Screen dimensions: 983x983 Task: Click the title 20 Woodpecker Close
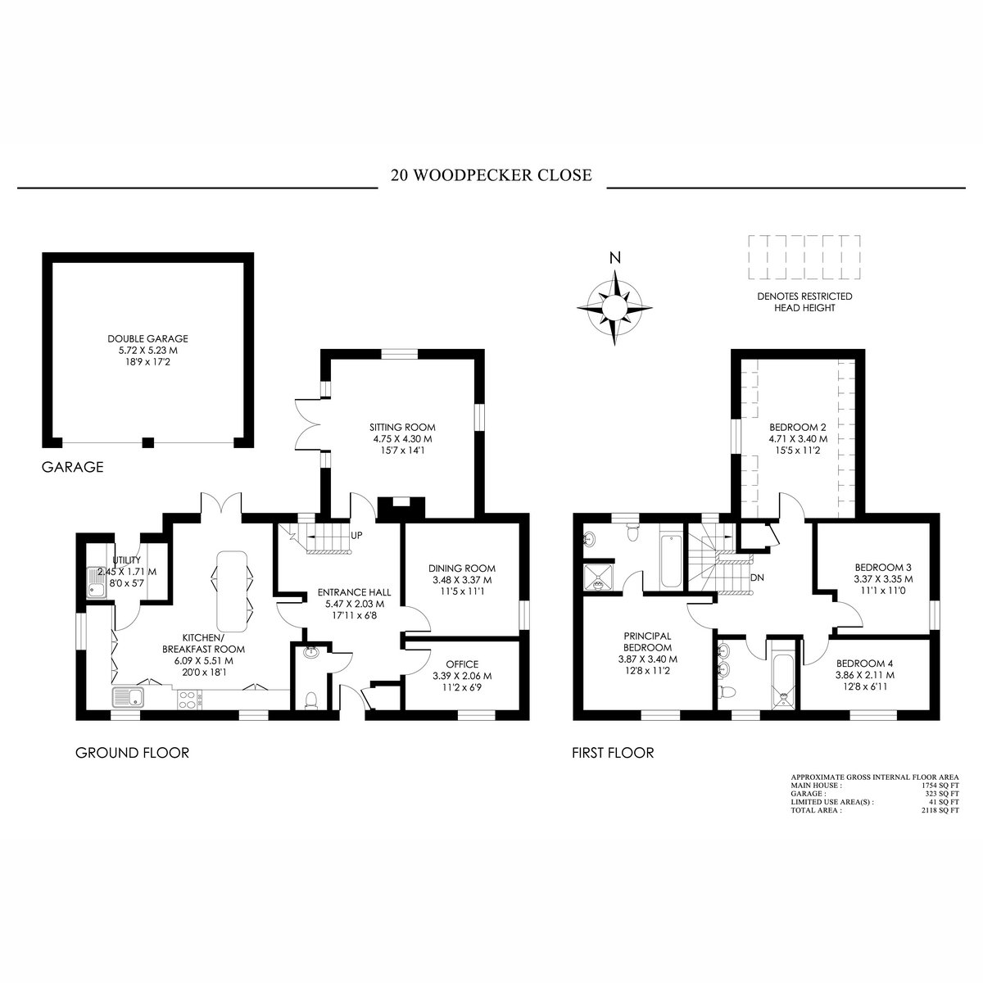pyautogui.click(x=491, y=175)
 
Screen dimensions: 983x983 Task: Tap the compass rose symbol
pyautogui.click(x=614, y=308)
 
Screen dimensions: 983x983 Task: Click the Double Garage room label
pyautogui.click(x=148, y=338)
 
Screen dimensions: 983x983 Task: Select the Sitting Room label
pyautogui.click(x=402, y=428)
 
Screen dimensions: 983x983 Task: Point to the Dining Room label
pyautogui.click(x=462, y=569)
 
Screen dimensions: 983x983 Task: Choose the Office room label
pyautogui.click(x=462, y=664)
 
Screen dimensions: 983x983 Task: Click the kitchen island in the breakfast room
pyautogui.click(x=233, y=591)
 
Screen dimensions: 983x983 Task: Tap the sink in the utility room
pyautogui.click(x=96, y=582)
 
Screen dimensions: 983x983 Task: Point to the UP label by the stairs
pyautogui.click(x=356, y=536)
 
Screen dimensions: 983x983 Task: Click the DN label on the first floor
pyautogui.click(x=757, y=578)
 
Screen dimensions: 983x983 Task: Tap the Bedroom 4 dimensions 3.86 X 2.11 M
pyautogui.click(x=865, y=675)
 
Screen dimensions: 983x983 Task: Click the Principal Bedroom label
pyautogui.click(x=647, y=641)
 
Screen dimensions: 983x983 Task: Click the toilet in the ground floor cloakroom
pyautogui.click(x=310, y=700)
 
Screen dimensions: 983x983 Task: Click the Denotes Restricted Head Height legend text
pyautogui.click(x=804, y=302)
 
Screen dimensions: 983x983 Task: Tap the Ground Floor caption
pyautogui.click(x=132, y=753)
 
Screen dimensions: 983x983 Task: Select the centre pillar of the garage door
pyautogui.click(x=147, y=442)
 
